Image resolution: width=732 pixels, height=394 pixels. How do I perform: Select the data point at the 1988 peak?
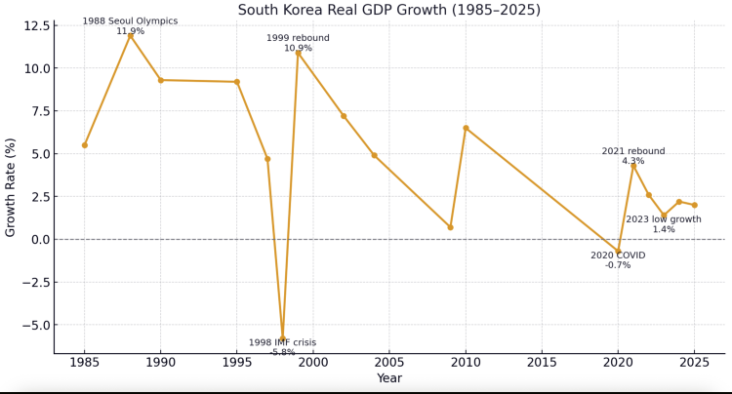130,35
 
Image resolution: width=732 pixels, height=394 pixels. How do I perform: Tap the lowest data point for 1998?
283,338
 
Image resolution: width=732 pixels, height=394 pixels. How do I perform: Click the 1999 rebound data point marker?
298,53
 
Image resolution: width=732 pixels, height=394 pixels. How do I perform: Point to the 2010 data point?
466,128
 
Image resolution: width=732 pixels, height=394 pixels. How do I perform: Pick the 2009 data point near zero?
450,227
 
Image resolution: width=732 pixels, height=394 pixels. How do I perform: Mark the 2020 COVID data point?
618,251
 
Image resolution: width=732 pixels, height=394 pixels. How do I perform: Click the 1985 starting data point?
85,145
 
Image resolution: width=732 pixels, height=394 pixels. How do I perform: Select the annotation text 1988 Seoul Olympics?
130,20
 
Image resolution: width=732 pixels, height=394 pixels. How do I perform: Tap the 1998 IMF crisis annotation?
282,342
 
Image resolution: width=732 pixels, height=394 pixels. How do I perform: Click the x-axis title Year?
388,378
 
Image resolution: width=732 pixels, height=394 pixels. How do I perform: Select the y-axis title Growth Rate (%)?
11,186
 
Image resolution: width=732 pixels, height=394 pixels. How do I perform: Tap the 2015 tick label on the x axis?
542,363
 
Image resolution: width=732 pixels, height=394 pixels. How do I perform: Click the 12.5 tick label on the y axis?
34,25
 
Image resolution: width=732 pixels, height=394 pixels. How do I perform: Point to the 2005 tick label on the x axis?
388,363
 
